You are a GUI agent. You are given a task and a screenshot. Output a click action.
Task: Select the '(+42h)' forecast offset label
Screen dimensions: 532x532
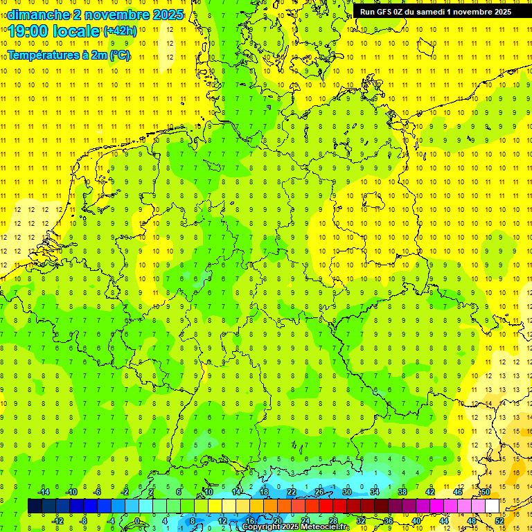120,31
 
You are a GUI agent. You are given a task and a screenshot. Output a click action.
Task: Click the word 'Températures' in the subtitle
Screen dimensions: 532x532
41,55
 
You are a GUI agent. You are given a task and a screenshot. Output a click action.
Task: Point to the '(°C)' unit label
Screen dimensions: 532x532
120,55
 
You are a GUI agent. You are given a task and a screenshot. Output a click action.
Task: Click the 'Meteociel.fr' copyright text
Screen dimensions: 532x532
325,527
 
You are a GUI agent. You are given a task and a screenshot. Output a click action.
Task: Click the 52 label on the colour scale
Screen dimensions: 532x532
499,521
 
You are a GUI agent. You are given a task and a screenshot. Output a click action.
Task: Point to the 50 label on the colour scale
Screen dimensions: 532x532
486,492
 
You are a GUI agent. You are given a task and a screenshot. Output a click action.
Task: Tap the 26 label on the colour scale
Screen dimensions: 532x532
319,492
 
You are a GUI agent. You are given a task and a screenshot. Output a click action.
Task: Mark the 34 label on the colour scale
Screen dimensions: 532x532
375,492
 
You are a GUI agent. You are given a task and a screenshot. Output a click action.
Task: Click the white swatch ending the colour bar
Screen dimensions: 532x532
493,506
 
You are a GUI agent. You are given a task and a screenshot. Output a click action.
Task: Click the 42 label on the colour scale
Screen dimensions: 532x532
430,492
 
